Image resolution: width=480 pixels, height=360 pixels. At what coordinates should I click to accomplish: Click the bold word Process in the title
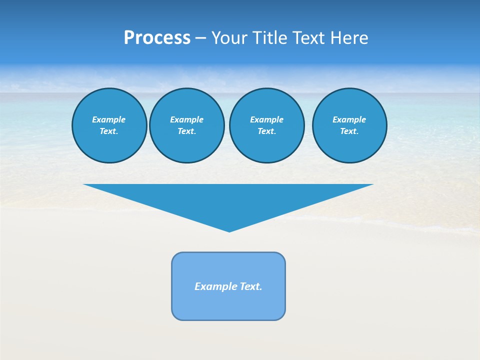[157, 38]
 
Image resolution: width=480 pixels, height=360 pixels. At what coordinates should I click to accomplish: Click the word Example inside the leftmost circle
[109, 119]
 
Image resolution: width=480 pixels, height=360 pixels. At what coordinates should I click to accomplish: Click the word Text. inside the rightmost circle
[349, 131]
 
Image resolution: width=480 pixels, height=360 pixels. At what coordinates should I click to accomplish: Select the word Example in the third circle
[266, 119]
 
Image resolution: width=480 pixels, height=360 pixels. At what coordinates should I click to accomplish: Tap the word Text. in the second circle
[186, 131]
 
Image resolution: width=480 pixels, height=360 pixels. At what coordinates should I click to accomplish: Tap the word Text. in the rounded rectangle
[251, 286]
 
